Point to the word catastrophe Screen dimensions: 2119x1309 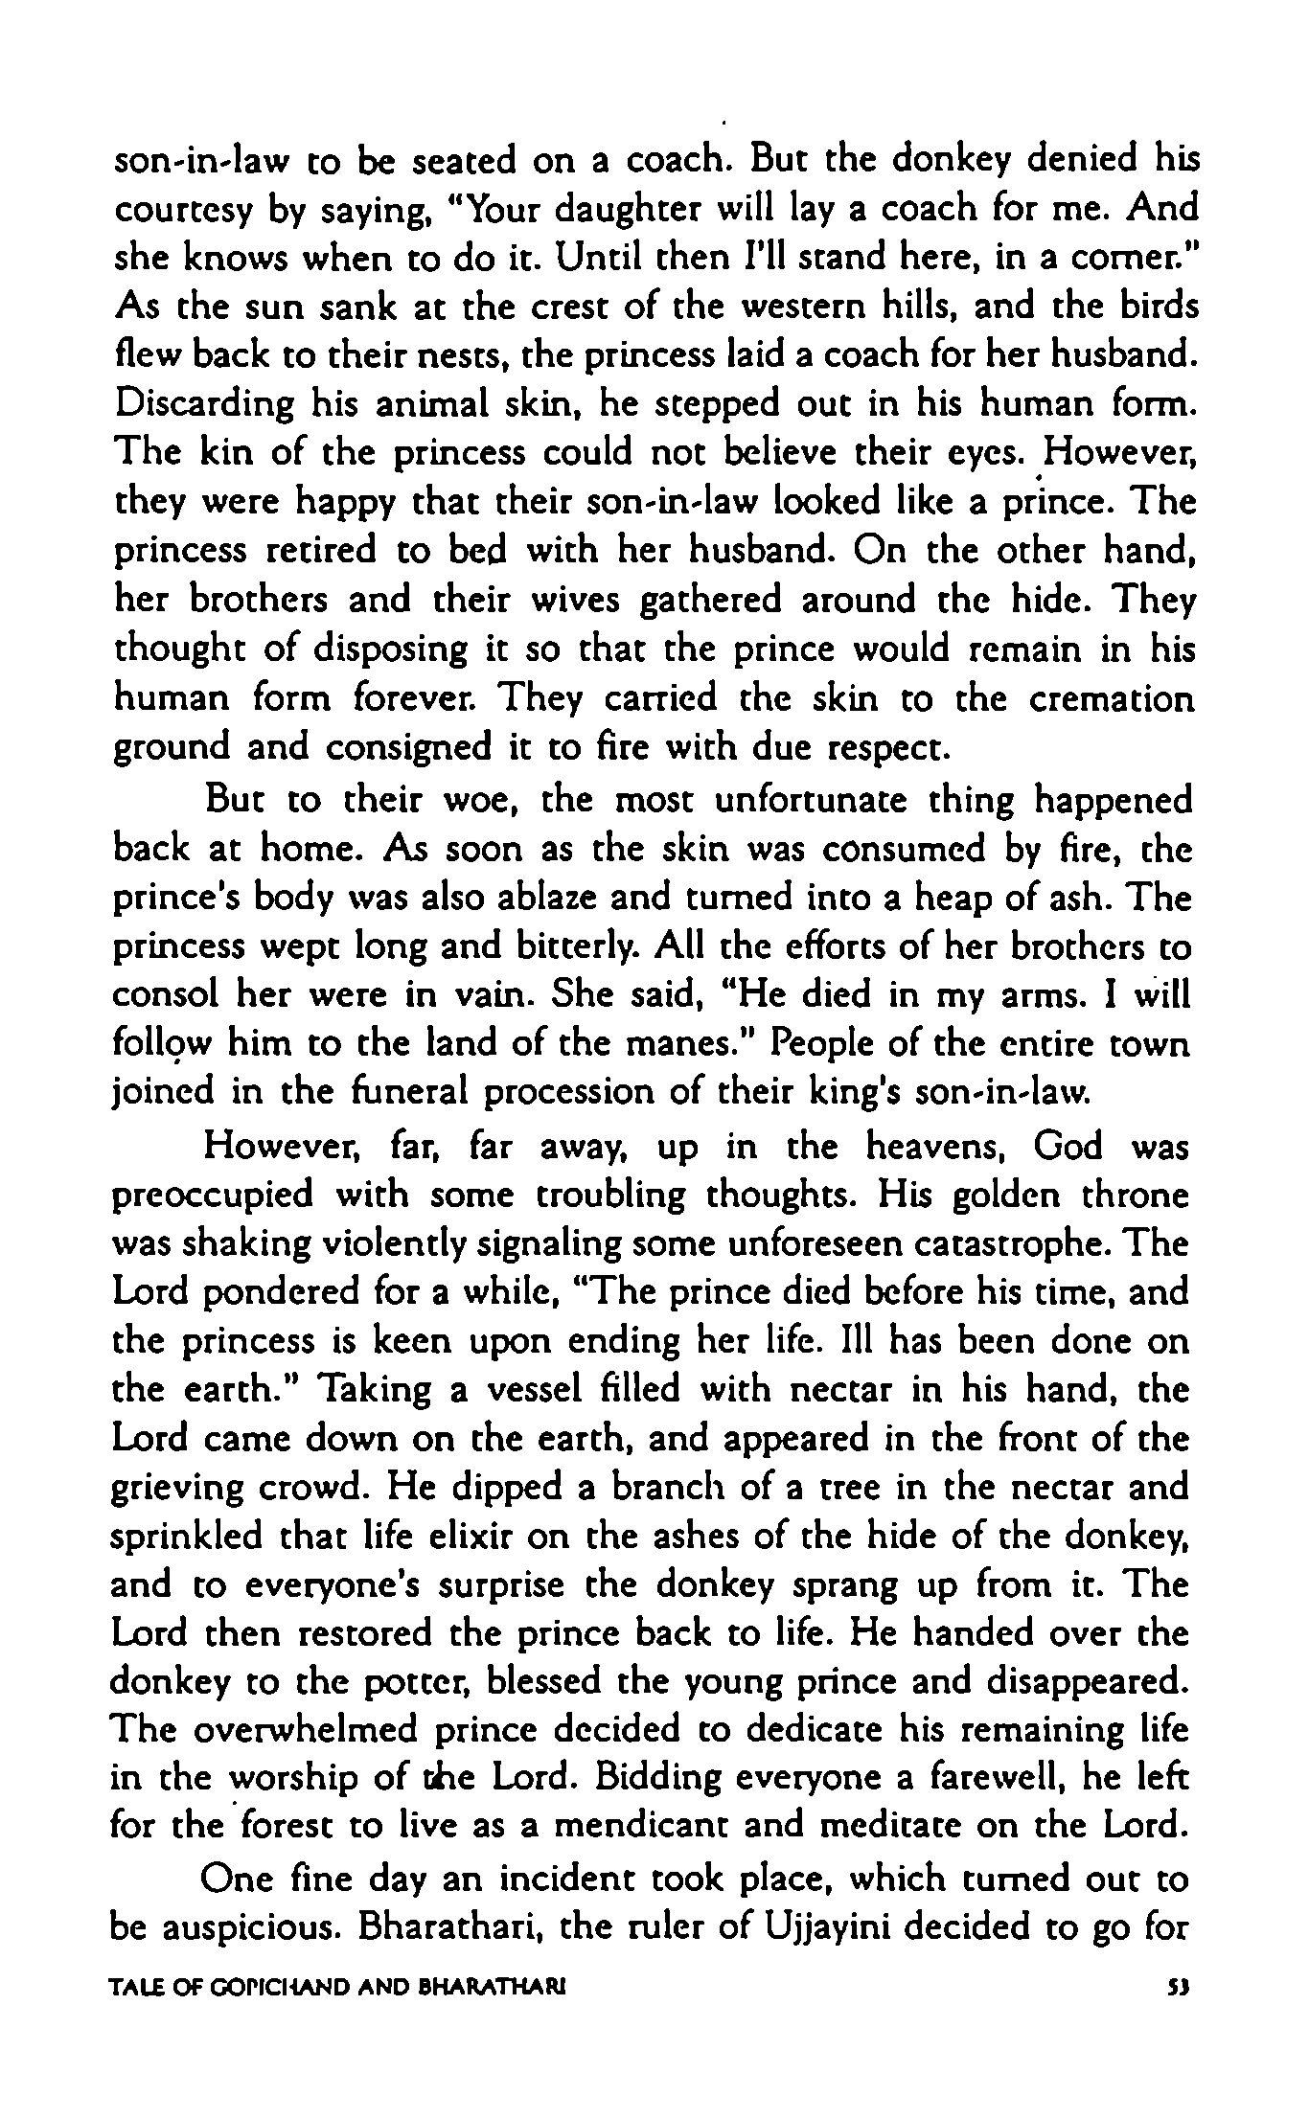pyautogui.click(x=1012, y=1244)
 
